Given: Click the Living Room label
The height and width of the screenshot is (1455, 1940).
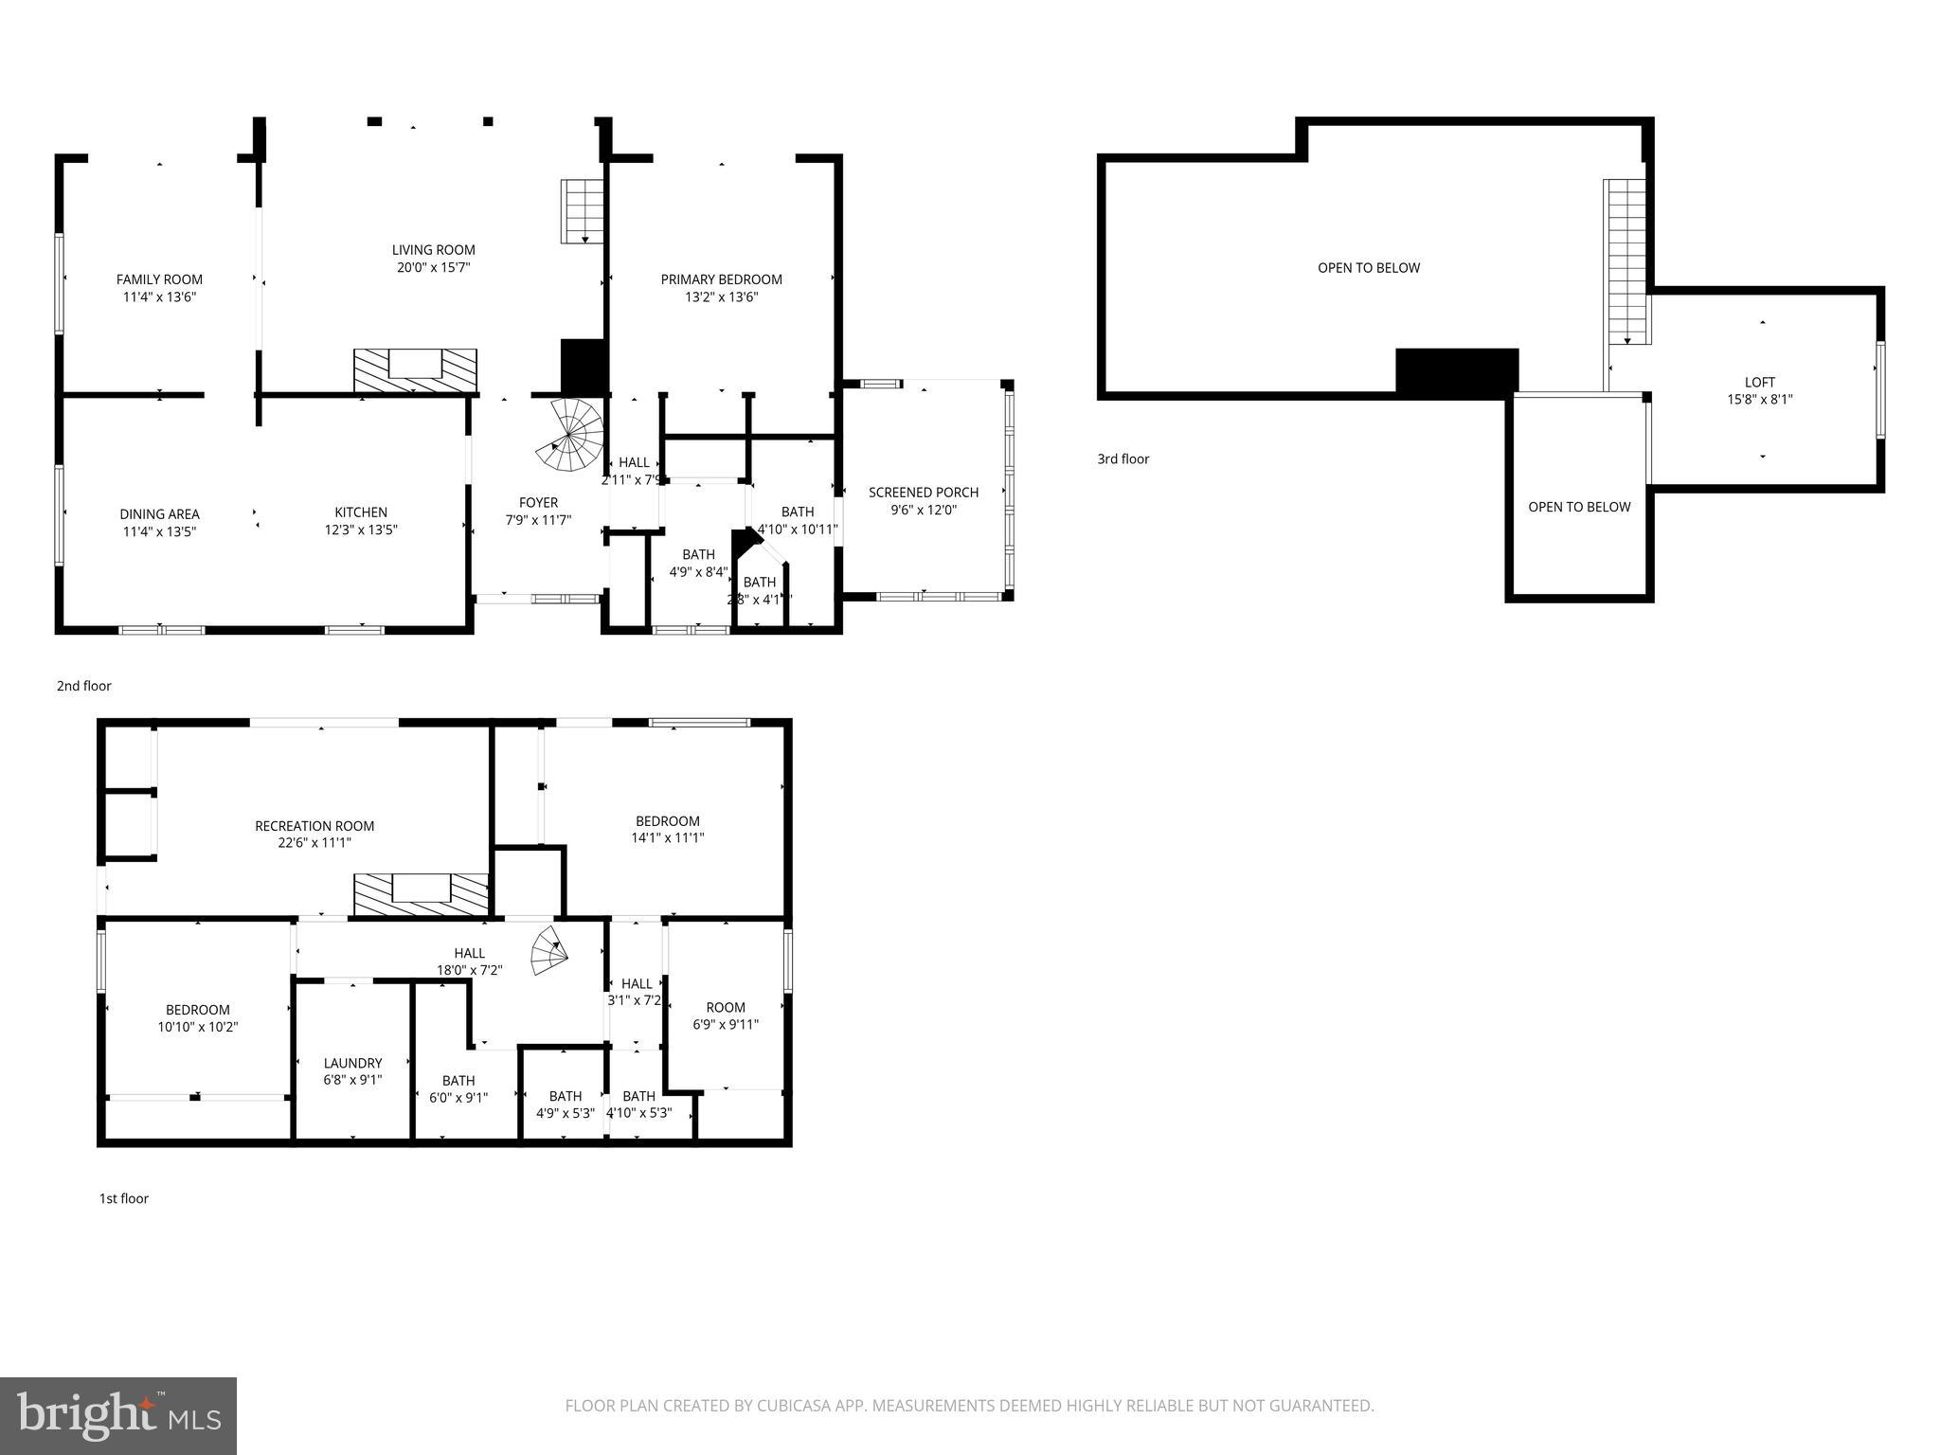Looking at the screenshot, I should click(x=434, y=250).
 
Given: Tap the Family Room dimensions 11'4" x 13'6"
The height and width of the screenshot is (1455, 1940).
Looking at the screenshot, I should click(x=159, y=297).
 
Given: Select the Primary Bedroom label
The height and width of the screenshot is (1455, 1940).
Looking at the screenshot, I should click(x=721, y=279).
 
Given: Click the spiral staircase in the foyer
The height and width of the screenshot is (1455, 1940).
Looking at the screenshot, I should click(x=572, y=436).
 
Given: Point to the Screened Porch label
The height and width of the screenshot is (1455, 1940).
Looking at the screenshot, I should click(x=924, y=493).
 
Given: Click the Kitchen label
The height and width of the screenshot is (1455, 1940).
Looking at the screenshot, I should click(x=361, y=512).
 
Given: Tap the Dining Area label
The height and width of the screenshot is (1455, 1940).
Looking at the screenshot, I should click(x=159, y=514).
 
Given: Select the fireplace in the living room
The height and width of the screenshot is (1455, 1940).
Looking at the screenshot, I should click(x=415, y=369).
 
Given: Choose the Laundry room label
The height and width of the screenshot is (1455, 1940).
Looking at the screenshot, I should click(x=352, y=1064).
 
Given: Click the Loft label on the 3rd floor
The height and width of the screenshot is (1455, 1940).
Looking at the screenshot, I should click(x=1760, y=383).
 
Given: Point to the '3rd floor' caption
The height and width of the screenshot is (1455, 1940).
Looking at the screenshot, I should click(x=1123, y=459).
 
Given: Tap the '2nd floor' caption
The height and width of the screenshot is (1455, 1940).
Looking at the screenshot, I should click(x=84, y=686).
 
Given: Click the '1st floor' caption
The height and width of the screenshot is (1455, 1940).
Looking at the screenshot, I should click(x=124, y=1198).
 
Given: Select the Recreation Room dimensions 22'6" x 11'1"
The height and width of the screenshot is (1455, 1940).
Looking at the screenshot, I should click(x=314, y=843).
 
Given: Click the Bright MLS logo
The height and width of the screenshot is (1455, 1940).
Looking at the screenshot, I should click(x=118, y=1416).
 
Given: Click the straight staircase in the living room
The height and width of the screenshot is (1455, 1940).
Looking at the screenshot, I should click(x=582, y=211).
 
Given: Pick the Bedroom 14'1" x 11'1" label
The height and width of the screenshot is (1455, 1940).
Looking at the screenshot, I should click(x=668, y=821).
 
